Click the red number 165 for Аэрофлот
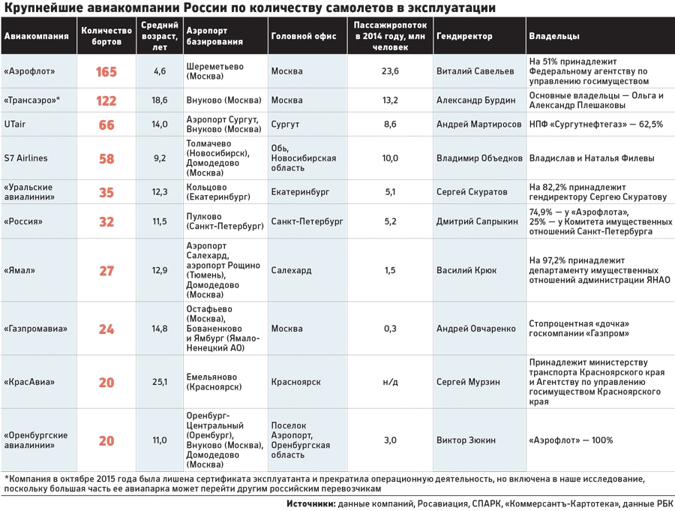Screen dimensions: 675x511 click(x=106, y=71)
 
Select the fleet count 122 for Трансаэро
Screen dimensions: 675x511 click(x=106, y=101)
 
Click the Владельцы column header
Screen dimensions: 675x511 click(x=554, y=36)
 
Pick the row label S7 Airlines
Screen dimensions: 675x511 click(x=25, y=158)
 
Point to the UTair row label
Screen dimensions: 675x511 click(x=15, y=124)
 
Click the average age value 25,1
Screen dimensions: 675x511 click(x=160, y=382)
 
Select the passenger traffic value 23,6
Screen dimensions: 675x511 click(x=390, y=71)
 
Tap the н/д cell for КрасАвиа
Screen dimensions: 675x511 click(x=390, y=382)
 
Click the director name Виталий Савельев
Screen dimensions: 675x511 click(x=475, y=71)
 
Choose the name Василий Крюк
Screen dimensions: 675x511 click(x=466, y=270)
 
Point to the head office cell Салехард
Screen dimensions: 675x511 click(x=291, y=270)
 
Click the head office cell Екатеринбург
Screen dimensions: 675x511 click(x=300, y=192)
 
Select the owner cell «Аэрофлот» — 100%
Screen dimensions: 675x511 click(x=571, y=440)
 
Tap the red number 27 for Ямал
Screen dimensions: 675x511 click(x=106, y=271)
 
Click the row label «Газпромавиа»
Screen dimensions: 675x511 click(x=36, y=329)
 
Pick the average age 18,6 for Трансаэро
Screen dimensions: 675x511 click(x=160, y=101)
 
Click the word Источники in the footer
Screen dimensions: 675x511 click(x=310, y=503)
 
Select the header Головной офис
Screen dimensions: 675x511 click(x=304, y=36)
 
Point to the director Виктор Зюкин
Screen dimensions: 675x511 click(x=466, y=440)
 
